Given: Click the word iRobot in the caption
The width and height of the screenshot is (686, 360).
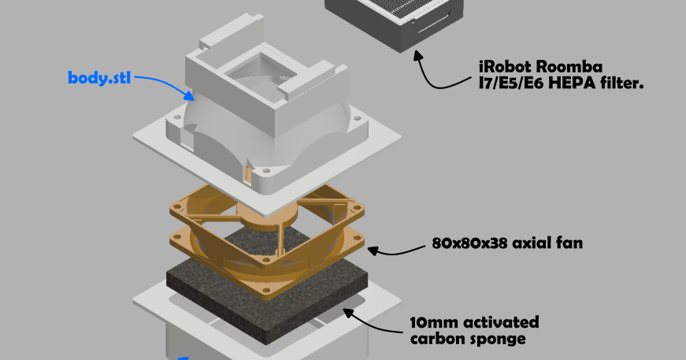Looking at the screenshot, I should pos(508,66).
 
